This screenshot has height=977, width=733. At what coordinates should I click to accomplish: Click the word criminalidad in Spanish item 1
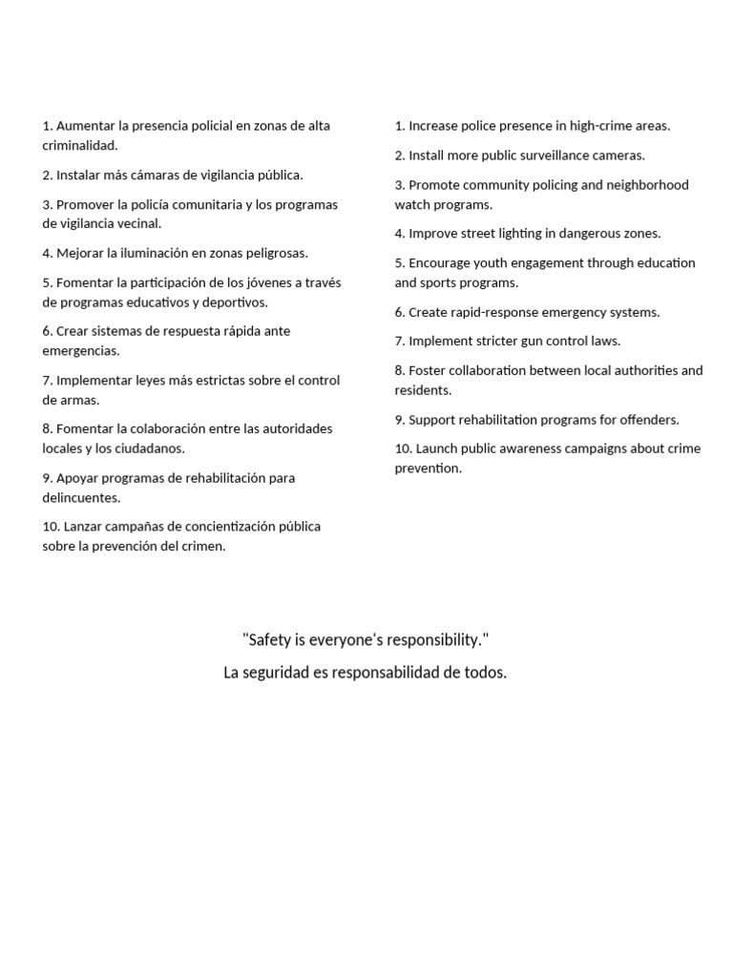pos(79,145)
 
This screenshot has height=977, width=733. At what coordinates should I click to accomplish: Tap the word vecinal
pos(135,223)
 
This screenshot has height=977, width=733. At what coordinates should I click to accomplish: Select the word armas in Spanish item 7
pos(79,400)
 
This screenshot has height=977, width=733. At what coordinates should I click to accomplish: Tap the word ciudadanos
pos(147,447)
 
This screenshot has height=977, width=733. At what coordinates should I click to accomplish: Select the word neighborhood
pos(647,184)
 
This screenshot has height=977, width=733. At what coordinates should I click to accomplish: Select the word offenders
pos(648,419)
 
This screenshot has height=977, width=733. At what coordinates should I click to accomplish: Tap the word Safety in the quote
pos(269,638)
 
